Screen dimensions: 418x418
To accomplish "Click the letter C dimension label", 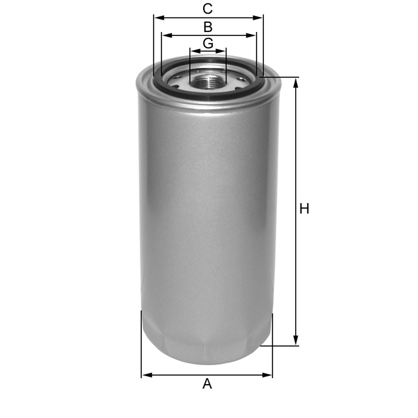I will (x=208, y=9).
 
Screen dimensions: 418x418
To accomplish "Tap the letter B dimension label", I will (x=208, y=27).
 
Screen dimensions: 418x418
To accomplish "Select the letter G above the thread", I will (x=208, y=43).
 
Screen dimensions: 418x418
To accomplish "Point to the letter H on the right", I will (x=304, y=209).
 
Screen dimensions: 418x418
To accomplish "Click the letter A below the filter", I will (x=207, y=384).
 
